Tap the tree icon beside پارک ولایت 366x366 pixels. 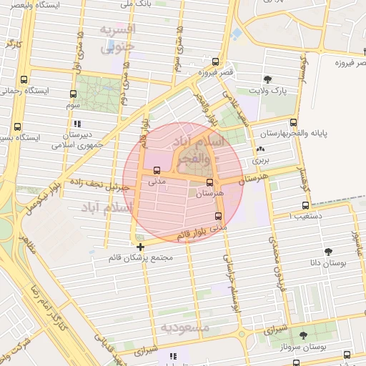click(267, 79)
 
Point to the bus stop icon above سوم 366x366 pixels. click(74, 94)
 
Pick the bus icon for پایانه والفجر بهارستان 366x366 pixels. click(293, 121)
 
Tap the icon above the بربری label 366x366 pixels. click(260, 150)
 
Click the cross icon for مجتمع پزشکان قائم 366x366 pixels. click(140, 247)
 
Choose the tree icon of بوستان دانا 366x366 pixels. click(328, 251)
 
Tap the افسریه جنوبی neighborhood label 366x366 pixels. click(115, 40)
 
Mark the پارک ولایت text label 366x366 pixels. click(267, 91)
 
